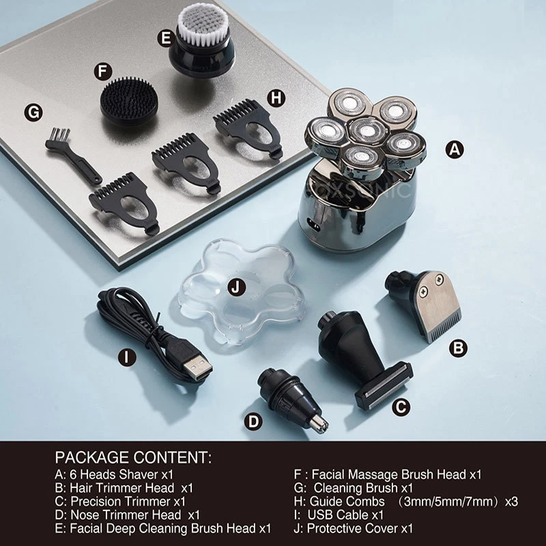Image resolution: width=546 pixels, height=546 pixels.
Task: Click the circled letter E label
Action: [x=166, y=38]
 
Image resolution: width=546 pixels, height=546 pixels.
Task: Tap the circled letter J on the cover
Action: [x=236, y=287]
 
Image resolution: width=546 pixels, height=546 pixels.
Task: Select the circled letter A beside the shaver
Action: [x=455, y=149]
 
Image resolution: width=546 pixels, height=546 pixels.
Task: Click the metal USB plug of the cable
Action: [x=198, y=368]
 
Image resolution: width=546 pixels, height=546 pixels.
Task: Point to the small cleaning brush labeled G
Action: [x=72, y=156]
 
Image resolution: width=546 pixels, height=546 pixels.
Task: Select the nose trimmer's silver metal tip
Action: [x=318, y=424]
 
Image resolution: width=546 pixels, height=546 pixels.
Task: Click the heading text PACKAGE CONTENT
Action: [x=133, y=457]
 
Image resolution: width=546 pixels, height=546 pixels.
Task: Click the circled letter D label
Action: [x=253, y=422]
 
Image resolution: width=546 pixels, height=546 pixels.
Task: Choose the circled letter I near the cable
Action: [x=127, y=357]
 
